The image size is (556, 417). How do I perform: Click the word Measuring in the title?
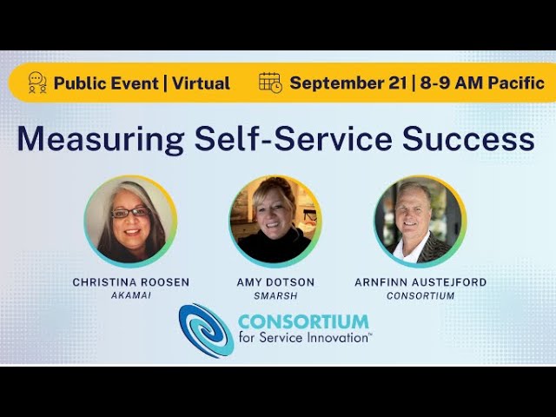pos(76,139)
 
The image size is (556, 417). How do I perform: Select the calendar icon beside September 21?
pos(270,83)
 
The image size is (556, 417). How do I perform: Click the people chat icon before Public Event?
pos(37,83)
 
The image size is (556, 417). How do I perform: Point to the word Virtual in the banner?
pos(201,83)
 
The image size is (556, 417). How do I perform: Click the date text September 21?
pos(347,83)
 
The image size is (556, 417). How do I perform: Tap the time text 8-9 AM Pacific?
pos(482,83)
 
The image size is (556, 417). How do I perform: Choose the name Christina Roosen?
pos(131,282)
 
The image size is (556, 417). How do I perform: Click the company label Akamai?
pos(131,295)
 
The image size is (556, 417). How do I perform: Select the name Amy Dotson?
pos(275,282)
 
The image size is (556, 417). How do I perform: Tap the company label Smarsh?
pos(275,295)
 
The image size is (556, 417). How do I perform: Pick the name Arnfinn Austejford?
pos(420,282)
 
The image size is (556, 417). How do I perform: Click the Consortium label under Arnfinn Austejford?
pos(420,295)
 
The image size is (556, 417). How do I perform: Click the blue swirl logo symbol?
pos(205,330)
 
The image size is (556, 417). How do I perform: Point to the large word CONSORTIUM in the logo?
pos(303,321)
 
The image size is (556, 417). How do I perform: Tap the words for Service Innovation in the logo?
pos(304,337)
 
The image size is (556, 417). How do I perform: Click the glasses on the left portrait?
pos(130,212)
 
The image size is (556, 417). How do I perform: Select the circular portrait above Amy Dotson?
pos(275,221)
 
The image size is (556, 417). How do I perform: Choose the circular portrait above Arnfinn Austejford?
pos(420,221)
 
